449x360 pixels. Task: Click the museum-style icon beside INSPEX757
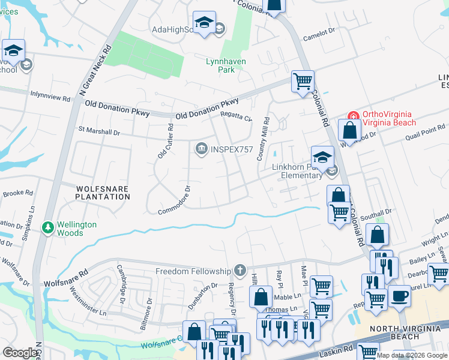pos(200,148)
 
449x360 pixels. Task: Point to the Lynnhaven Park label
pos(220,65)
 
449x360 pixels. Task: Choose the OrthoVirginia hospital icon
pos(354,116)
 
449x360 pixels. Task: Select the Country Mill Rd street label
pos(263,138)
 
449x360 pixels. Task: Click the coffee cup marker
pos(399,295)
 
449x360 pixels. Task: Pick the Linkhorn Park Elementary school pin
pos(322,157)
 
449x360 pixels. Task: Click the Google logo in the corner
pos(20,353)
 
